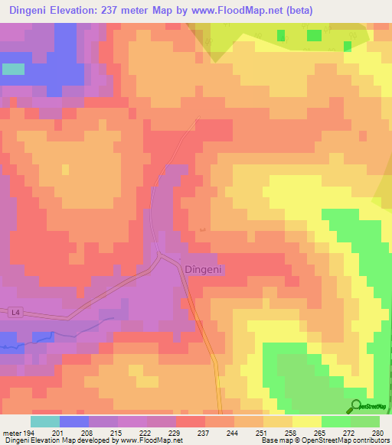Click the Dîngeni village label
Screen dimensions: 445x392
203,269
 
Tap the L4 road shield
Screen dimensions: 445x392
16,312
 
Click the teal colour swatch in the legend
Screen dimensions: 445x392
44,421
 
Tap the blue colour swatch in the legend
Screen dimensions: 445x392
73,421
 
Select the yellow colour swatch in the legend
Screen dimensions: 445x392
306,421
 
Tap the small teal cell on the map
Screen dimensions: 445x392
13,69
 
